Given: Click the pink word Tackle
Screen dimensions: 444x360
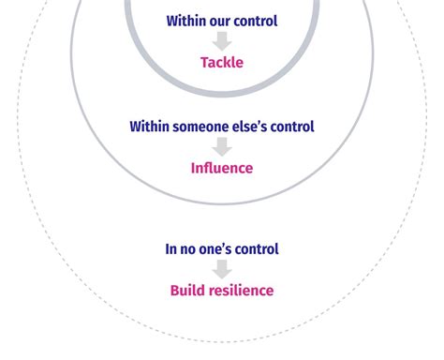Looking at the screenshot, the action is point(222,63).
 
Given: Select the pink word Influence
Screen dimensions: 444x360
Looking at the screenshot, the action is point(222,169).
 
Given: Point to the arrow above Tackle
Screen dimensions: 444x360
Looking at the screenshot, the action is point(222,41).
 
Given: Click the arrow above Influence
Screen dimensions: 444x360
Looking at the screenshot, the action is point(222,147).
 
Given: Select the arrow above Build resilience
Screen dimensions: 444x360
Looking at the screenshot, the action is point(222,269).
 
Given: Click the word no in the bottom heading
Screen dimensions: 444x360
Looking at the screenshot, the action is point(189,249).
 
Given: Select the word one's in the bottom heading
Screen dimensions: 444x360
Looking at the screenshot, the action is point(217,249).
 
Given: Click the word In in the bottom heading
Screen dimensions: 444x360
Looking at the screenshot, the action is point(171,249).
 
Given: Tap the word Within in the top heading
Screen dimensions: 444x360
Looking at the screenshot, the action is point(186,21).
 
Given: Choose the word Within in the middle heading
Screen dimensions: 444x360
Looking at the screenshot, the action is point(150,127).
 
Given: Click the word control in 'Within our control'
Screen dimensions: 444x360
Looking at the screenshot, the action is point(257,21).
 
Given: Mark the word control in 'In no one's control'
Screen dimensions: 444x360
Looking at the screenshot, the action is point(258,249).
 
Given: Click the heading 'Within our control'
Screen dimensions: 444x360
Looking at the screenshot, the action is point(222,21).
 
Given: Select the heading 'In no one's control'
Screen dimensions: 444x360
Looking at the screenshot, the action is point(222,249).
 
